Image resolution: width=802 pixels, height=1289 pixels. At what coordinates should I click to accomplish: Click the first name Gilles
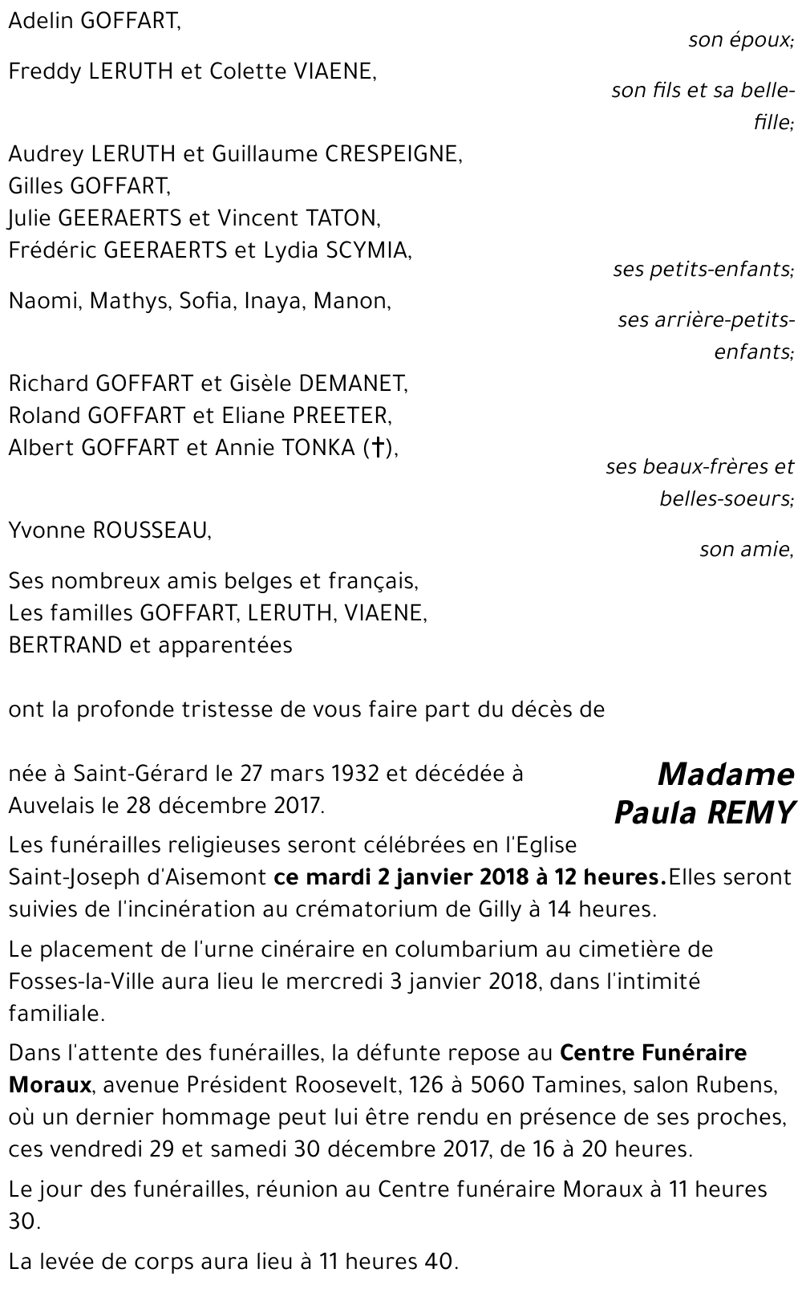36,185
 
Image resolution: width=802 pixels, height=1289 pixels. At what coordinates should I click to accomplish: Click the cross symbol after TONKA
374,449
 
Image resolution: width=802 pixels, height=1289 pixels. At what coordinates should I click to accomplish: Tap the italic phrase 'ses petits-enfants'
703,269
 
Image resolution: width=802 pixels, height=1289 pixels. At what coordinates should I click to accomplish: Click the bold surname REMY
750,813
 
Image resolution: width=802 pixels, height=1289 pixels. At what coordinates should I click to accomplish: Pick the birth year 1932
355,773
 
